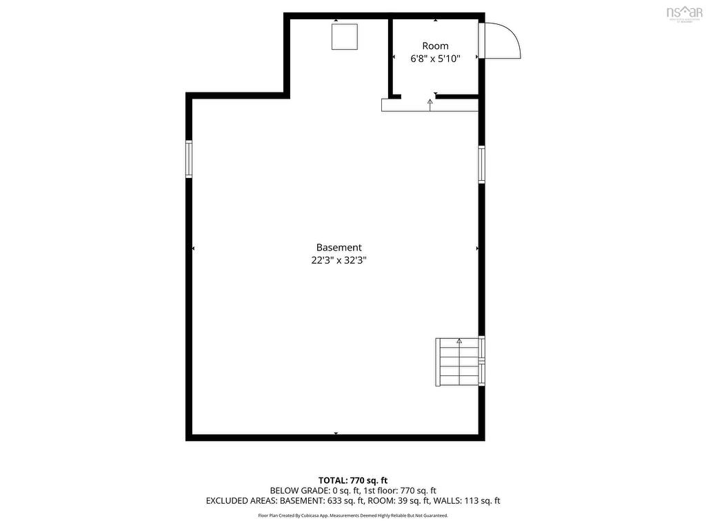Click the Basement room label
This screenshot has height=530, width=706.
point(339,247)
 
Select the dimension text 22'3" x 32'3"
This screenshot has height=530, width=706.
point(339,261)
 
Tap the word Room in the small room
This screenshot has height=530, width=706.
point(435,46)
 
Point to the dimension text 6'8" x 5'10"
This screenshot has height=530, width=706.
point(435,59)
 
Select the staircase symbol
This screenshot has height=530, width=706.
point(457,362)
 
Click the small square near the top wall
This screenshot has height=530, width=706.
point(345,37)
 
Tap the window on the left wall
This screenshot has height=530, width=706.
point(189,159)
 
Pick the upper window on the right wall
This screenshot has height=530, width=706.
point(482,164)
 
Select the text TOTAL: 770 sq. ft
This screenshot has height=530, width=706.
point(352,480)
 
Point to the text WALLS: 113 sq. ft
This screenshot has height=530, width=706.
point(469,501)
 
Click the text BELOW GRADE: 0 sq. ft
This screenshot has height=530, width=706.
point(315,491)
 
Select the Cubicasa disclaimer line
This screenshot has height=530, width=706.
point(352,516)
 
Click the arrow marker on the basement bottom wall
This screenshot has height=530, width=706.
point(336,433)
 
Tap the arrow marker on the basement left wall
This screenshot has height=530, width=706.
point(194,248)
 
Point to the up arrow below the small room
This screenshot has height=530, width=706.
point(430,103)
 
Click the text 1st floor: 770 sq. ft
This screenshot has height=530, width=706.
point(400,491)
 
